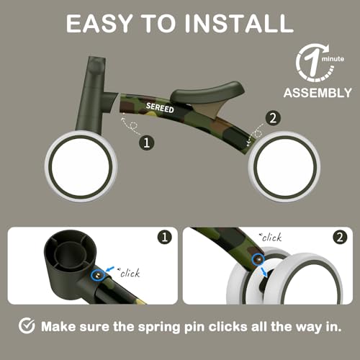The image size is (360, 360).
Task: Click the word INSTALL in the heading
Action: tap(239, 23)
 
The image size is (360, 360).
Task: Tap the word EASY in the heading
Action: tap(99, 23)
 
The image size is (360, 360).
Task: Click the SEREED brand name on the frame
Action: tap(160, 107)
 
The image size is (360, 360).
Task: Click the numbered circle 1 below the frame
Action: tap(147, 143)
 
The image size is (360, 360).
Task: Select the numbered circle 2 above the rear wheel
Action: tap(273, 118)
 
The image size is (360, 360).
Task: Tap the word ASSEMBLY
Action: tap(318, 93)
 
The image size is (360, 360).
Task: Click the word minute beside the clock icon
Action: tap(333, 59)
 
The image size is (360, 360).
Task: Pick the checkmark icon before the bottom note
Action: tap(27, 325)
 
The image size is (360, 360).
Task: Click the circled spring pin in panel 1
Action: tap(97, 275)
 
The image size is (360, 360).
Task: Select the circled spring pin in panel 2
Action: tap(258, 259)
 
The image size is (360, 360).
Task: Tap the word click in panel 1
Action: tap(130, 273)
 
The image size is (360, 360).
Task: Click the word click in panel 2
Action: tap(271, 238)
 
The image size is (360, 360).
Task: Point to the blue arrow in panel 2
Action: tap(264, 271)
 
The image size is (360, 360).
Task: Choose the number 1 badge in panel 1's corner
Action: tap(165, 237)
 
